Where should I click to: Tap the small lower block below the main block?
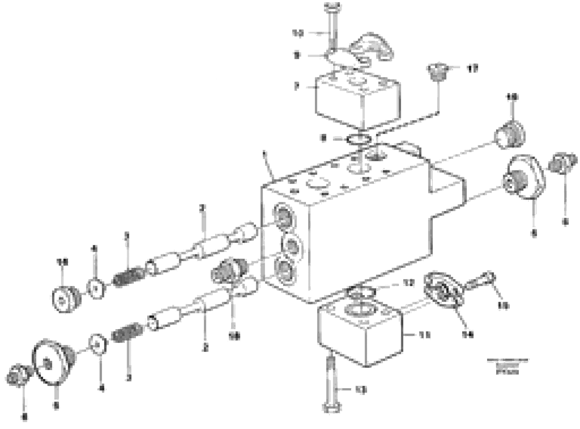[361, 332]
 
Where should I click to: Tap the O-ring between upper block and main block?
[358, 139]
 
